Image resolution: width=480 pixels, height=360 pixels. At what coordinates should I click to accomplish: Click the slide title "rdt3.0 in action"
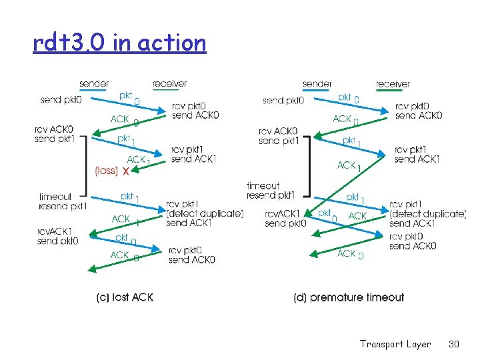pyautogui.click(x=119, y=43)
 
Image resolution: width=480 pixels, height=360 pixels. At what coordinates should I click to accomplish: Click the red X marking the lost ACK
pyautogui.click(x=126, y=171)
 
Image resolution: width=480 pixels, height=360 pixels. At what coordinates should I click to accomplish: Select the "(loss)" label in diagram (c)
pyautogui.click(x=107, y=171)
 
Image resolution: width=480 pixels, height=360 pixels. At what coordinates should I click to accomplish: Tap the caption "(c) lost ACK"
pyautogui.click(x=125, y=297)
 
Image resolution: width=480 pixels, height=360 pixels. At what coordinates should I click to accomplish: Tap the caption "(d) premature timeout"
pyautogui.click(x=349, y=297)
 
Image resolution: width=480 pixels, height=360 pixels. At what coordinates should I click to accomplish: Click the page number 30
pyautogui.click(x=454, y=344)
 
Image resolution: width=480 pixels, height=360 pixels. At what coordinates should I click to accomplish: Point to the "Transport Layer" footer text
pyautogui.click(x=395, y=344)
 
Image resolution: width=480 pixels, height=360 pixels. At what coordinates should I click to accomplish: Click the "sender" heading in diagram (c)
pyautogui.click(x=94, y=83)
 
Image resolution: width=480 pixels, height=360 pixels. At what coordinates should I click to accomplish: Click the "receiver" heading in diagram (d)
pyautogui.click(x=393, y=84)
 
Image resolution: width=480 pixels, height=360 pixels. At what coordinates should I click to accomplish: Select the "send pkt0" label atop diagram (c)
pyautogui.click(x=61, y=100)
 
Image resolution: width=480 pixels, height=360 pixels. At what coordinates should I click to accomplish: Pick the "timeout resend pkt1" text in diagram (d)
pyautogui.click(x=270, y=191)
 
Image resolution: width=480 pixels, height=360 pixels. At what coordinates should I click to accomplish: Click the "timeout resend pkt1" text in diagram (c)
pyautogui.click(x=63, y=201)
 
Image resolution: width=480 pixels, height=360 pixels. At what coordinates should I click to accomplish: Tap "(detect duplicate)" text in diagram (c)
pyautogui.click(x=205, y=213)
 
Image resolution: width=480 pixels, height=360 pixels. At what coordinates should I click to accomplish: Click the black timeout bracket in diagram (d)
pyautogui.click(x=309, y=166)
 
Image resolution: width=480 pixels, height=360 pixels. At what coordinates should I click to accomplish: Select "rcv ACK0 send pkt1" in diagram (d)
pyautogui.click(x=278, y=136)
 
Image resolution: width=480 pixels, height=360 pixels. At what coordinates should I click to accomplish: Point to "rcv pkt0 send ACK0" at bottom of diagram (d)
pyautogui.click(x=413, y=241)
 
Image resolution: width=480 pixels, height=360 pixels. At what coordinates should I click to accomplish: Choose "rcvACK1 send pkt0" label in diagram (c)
pyautogui.click(x=58, y=236)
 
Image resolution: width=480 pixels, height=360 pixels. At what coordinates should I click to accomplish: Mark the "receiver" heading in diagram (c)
pyautogui.click(x=169, y=83)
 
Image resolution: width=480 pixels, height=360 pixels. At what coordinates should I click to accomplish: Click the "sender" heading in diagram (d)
pyautogui.click(x=317, y=84)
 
